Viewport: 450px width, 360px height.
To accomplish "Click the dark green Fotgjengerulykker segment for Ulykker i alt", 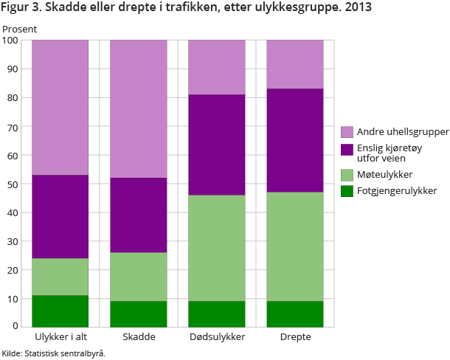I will pyautogui.click(x=60, y=311).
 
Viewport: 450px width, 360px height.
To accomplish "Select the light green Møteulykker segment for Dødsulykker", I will pyautogui.click(x=217, y=248).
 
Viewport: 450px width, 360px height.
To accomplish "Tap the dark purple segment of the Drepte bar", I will pyautogui.click(x=295, y=140).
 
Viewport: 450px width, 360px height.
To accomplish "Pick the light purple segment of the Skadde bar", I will pyautogui.click(x=139, y=108).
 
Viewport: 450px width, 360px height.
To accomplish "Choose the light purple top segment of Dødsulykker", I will pyautogui.click(x=217, y=67).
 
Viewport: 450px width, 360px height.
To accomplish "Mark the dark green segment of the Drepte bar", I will pyautogui.click(x=295, y=314).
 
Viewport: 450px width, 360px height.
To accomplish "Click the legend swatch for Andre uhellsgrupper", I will pyautogui.click(x=347, y=132).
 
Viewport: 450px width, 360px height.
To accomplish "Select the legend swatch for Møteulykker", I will pyautogui.click(x=347, y=174).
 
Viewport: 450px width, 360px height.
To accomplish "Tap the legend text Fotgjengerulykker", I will pyautogui.click(x=397, y=191).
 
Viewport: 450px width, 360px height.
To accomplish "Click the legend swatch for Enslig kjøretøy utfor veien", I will pyautogui.click(x=347, y=149).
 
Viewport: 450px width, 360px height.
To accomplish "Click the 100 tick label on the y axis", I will pyautogui.click(x=11, y=40).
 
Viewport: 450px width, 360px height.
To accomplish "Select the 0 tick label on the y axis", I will pyautogui.click(x=17, y=326).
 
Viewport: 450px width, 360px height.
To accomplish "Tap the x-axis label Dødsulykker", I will pyautogui.click(x=217, y=337).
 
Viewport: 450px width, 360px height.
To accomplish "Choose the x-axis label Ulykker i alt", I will pyautogui.click(x=60, y=337).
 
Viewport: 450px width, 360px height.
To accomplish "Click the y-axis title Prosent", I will pyautogui.click(x=20, y=29).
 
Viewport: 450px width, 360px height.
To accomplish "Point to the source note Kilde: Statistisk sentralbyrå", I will pyautogui.click(x=54, y=353).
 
